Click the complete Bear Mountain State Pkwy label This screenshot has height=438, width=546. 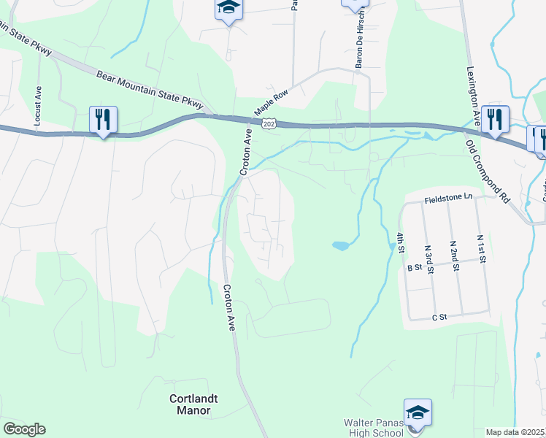click(150, 91)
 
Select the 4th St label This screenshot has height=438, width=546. click(400, 242)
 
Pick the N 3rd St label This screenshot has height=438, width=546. click(430, 258)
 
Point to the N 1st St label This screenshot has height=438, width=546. click(481, 248)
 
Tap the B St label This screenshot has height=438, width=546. click(415, 268)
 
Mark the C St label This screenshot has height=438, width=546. click(439, 318)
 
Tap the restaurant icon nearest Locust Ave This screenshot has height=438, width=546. click(104, 120)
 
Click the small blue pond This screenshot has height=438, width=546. click(340, 245)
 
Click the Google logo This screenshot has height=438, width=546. click(24, 429)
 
